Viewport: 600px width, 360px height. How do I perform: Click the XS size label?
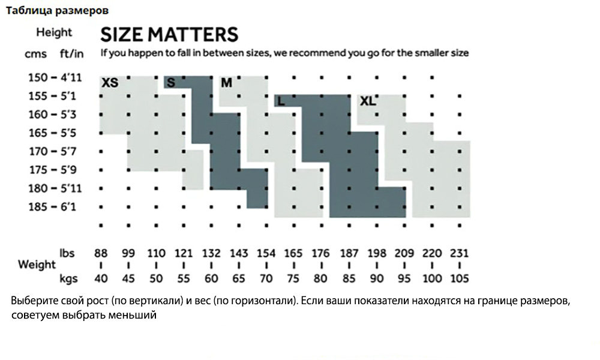click(110, 83)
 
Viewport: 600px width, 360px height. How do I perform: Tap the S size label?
click(170, 83)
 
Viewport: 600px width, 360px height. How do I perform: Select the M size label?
click(226, 83)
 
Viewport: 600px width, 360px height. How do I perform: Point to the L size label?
click(281, 101)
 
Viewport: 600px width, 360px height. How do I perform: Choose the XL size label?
click(368, 101)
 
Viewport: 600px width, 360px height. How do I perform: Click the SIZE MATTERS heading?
click(169, 34)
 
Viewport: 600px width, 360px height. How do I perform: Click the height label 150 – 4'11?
click(55, 77)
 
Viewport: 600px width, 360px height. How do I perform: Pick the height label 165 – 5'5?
click(55, 133)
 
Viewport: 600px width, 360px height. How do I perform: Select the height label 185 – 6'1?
click(55, 207)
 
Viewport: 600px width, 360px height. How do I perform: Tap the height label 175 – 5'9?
click(55, 170)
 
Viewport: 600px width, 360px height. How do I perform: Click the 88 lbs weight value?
click(101, 253)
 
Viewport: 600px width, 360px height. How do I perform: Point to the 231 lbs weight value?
click(460, 253)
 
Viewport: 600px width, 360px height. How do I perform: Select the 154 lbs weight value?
click(266, 253)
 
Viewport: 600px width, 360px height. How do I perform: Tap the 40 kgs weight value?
click(101, 278)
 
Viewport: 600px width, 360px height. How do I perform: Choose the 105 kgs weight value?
click(460, 278)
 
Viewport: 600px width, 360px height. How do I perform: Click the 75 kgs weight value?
click(293, 278)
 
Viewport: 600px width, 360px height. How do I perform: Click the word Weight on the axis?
click(37, 265)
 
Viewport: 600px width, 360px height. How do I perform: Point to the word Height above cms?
click(53, 32)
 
